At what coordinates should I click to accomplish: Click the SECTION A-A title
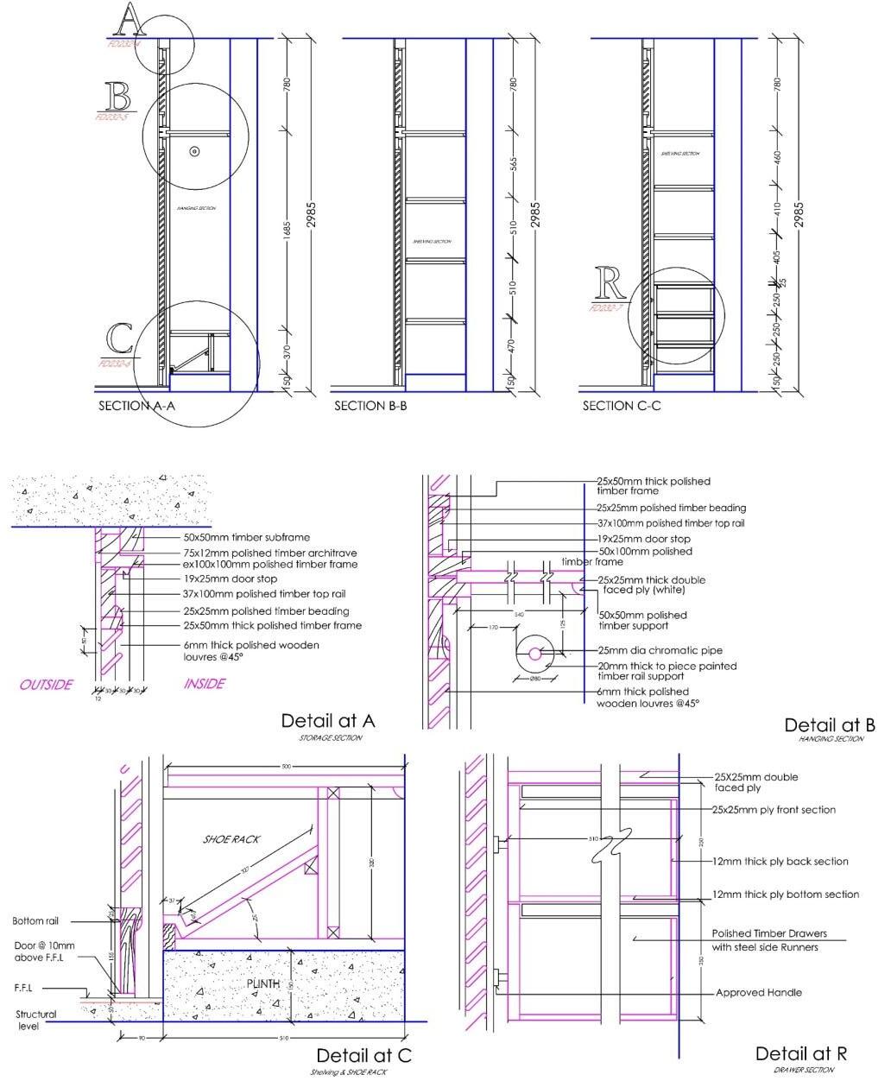point(136,406)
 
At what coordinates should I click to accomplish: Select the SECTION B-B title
point(370,406)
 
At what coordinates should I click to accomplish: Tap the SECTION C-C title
point(622,406)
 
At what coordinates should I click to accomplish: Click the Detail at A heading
point(328,721)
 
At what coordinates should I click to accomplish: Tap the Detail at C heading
point(363,1055)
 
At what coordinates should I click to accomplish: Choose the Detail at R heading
point(800,1053)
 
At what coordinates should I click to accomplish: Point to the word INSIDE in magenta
point(205,684)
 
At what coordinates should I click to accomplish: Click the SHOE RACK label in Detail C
point(231,839)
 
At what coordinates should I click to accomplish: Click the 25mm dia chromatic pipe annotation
point(660,650)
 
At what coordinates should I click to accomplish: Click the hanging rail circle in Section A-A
point(194,151)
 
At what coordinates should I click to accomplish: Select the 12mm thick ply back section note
point(780,862)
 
